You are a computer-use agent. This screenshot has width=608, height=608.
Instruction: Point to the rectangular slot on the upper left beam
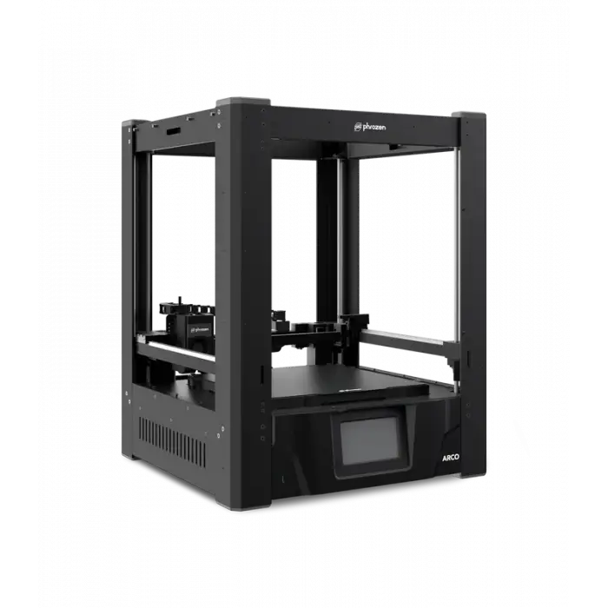coord(173,131)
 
